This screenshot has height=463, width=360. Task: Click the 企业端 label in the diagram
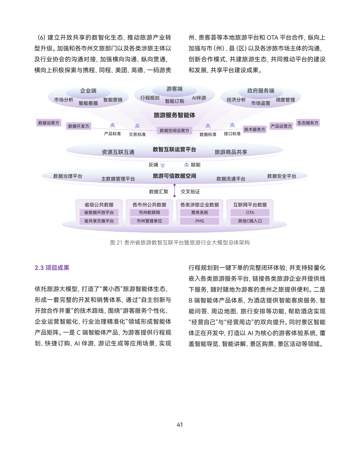point(88,91)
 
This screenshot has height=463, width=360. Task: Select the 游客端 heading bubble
point(174,88)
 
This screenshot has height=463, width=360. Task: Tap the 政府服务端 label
point(260,91)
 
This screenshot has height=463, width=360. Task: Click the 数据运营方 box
point(49,122)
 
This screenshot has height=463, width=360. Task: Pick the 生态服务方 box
point(308,122)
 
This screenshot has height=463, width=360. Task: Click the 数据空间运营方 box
point(175,131)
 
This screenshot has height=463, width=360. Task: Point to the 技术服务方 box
point(254,129)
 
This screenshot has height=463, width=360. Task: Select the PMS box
point(199,221)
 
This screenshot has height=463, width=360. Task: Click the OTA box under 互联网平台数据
point(250,212)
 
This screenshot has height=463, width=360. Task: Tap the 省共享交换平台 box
point(98,221)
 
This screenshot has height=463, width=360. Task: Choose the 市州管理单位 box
point(149,221)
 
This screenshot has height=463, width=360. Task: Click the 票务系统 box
point(199,212)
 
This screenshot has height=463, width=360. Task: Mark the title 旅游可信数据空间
point(174,175)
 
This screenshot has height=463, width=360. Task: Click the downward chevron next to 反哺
point(163,165)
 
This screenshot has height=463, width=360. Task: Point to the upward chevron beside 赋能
point(186,165)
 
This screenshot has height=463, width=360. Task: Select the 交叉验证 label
point(190,191)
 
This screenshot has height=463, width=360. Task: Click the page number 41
point(180,424)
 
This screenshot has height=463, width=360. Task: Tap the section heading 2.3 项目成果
point(52,268)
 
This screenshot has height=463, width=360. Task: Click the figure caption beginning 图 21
point(180,243)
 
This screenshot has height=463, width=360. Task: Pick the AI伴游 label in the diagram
point(199,97)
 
